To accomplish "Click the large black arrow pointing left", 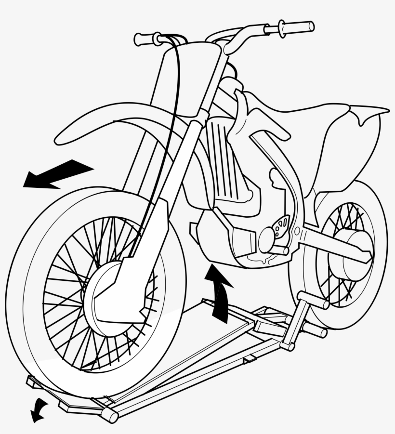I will tap(55, 174).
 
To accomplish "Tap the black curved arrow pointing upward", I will tap(219, 294).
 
